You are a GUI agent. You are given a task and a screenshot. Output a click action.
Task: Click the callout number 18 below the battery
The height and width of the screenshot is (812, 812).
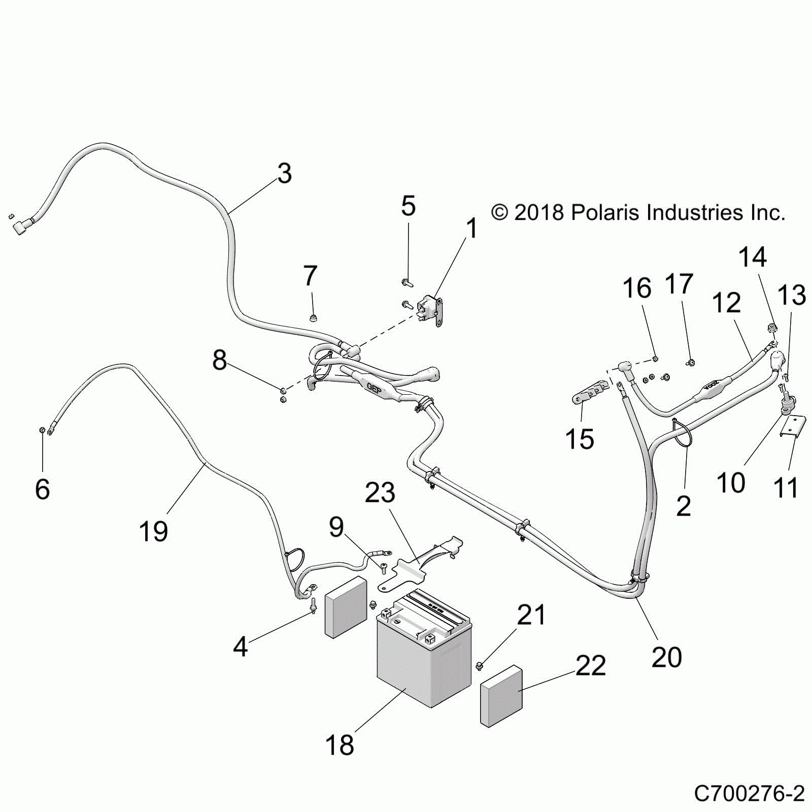[340, 745]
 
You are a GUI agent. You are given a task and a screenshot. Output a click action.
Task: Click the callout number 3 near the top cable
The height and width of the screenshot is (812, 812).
[285, 174]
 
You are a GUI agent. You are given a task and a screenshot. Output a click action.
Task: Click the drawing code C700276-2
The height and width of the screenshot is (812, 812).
[749, 793]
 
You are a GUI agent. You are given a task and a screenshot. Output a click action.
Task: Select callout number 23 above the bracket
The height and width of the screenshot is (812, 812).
[380, 493]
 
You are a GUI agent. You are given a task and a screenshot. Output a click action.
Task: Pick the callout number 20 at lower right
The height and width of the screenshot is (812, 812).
[666, 657]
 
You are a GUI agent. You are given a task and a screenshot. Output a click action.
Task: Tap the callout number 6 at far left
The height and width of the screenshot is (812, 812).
[43, 488]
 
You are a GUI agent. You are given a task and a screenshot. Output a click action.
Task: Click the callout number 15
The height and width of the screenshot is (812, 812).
[580, 439]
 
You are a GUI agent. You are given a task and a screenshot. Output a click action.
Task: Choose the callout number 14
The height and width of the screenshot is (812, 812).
[752, 257]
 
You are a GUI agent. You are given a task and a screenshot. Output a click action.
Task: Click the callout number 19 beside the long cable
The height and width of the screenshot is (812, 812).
[153, 531]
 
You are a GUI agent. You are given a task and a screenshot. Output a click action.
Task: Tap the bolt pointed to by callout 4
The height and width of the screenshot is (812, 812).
[313, 605]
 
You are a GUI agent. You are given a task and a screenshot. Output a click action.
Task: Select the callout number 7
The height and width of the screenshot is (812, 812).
[310, 276]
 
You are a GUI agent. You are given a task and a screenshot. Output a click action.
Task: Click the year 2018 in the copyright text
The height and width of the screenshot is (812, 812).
[539, 213]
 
